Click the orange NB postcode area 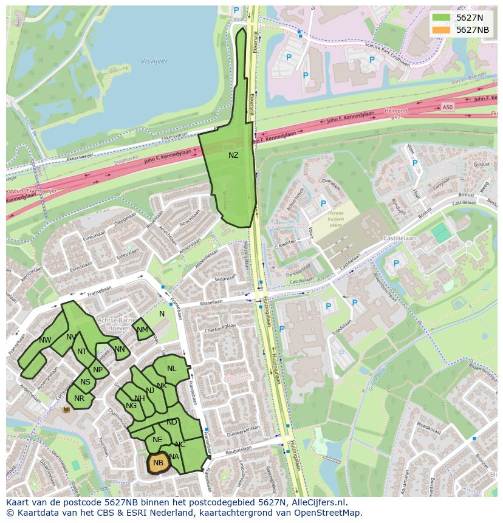[159, 463]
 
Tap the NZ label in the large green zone [233, 156]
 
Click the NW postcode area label [45, 340]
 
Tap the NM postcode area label [143, 330]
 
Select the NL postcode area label [172, 369]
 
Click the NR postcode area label [79, 398]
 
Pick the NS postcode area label [85, 382]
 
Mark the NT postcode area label [82, 351]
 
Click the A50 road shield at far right [448, 108]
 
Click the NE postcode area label [157, 440]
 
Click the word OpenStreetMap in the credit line [330, 513]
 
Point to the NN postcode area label [120, 349]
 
